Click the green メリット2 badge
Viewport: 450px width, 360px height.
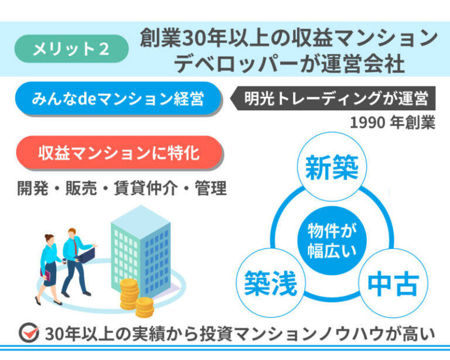click(71, 49)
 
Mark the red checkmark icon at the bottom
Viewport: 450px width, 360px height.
click(28, 333)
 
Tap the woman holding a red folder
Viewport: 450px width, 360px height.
click(50, 267)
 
